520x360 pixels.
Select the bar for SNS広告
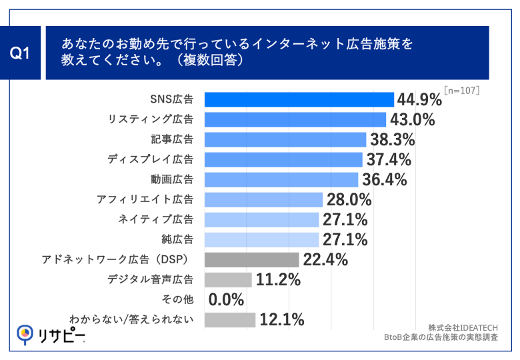coord(299,99)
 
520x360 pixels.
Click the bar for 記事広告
coord(285,139)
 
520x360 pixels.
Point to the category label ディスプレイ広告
coord(151,159)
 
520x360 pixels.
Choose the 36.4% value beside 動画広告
coord(384,180)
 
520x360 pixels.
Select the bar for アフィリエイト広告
coord(263,199)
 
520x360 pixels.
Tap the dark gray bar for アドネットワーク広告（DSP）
coord(251,259)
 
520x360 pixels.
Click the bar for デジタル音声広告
coord(227,279)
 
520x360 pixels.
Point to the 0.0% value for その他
coord(226,300)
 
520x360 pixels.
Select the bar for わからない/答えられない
coord(229,320)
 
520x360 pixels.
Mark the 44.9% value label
coord(419,100)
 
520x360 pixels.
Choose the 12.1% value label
coord(282,320)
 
